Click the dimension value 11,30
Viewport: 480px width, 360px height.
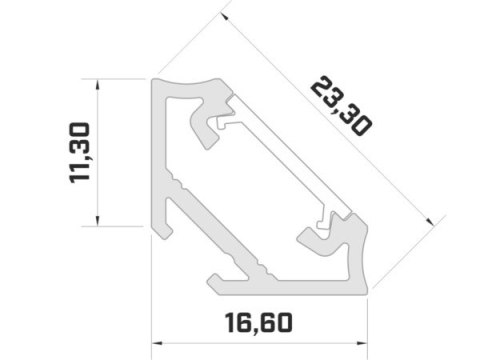(x=80, y=153)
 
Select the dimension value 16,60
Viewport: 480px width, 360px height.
(x=259, y=323)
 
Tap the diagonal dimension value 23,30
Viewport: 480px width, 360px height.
(x=341, y=106)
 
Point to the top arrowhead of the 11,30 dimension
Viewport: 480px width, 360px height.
(x=97, y=85)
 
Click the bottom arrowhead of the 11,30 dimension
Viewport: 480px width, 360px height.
(x=97, y=221)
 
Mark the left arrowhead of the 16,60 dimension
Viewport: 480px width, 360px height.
(x=157, y=343)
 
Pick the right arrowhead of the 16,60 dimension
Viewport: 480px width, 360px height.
(x=362, y=343)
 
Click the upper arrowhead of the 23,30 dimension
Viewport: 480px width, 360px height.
(x=225, y=16)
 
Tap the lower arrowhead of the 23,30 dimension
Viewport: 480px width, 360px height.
(x=430, y=221)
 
